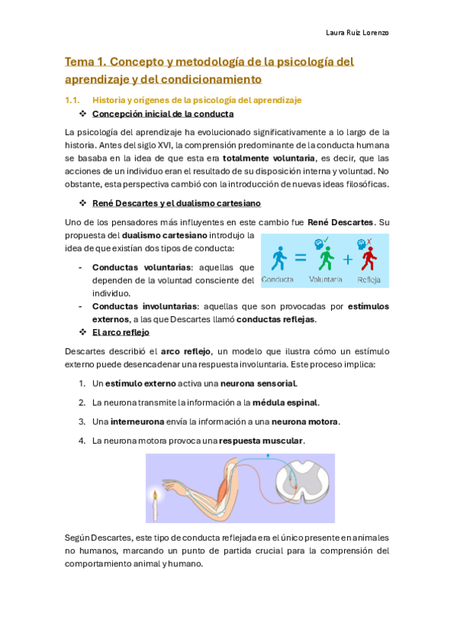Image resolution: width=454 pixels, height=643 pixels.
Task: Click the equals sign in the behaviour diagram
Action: click(x=301, y=259)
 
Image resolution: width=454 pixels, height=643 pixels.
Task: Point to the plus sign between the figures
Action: click(x=348, y=259)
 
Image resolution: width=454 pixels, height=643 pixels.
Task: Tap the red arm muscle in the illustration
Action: click(x=224, y=481)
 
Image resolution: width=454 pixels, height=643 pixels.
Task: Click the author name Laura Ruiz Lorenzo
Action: click(x=355, y=33)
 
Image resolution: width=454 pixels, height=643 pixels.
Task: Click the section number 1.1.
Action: click(x=73, y=100)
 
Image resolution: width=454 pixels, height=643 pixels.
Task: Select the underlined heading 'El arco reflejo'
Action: click(x=121, y=332)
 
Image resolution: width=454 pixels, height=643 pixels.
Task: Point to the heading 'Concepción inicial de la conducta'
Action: click(x=162, y=114)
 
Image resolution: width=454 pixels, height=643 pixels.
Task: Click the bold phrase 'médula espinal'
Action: click(x=285, y=403)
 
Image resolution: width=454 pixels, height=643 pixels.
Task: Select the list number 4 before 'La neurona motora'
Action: click(x=81, y=441)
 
